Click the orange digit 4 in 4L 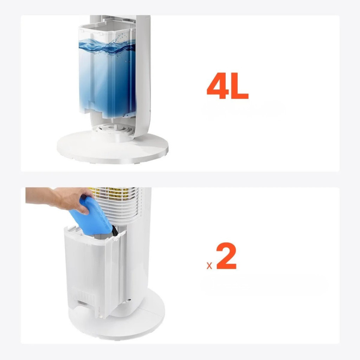(x=218, y=86)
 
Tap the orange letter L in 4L (x=239, y=86)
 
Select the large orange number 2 (x=226, y=256)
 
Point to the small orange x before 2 (x=209, y=266)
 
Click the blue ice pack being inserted (x=91, y=216)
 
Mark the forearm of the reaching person (x=39, y=195)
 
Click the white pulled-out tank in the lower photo (x=94, y=271)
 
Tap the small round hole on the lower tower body (x=129, y=300)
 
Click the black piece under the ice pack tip (x=115, y=231)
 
